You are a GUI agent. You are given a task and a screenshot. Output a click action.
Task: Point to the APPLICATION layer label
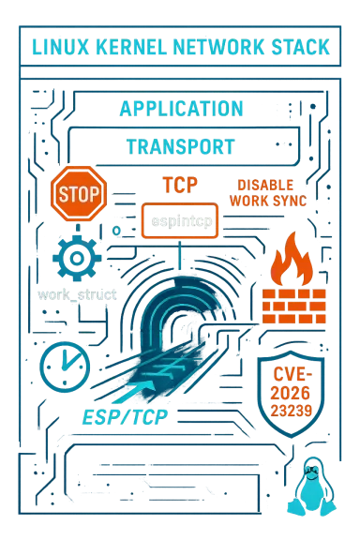[181, 109]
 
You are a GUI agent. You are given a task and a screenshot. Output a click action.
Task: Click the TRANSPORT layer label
[180, 147]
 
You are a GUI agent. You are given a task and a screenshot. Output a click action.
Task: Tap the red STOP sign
[78, 194]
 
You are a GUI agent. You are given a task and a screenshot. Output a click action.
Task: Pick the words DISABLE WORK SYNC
[266, 192]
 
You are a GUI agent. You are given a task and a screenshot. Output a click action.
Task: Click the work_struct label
[78, 294]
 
